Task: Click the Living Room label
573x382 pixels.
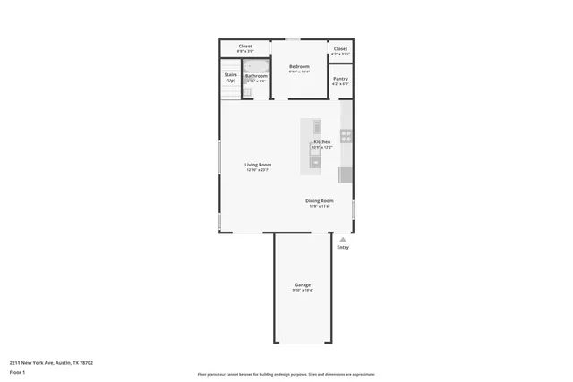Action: [x=258, y=164]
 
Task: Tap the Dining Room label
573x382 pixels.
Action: [x=319, y=200]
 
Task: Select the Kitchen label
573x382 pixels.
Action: [x=321, y=142]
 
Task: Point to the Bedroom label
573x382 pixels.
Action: [x=299, y=67]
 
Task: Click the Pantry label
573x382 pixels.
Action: [x=340, y=79]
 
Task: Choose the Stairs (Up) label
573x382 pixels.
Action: [x=230, y=78]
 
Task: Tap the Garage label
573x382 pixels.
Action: [x=303, y=284]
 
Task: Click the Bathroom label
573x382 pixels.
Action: [x=256, y=76]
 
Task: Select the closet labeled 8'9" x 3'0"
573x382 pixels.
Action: [x=244, y=46]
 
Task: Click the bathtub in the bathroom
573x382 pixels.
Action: [x=257, y=66]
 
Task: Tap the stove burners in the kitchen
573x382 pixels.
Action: [x=346, y=137]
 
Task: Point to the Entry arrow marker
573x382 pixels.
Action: [x=342, y=239]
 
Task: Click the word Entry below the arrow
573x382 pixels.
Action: [x=342, y=248]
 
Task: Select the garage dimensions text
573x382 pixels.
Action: [x=303, y=290]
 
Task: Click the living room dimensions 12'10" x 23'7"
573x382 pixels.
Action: [x=258, y=169]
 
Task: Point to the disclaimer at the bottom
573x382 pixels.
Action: [x=286, y=373]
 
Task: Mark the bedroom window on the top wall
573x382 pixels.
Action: [x=293, y=39]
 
